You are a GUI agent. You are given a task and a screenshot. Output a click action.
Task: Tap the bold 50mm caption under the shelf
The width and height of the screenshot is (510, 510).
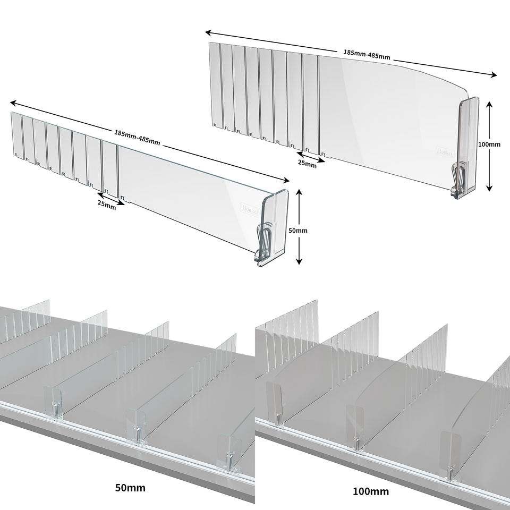click(130, 487)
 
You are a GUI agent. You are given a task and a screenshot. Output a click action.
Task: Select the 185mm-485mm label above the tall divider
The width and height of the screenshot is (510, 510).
click(367, 54)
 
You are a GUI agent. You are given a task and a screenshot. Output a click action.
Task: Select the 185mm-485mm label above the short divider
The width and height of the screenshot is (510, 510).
click(137, 137)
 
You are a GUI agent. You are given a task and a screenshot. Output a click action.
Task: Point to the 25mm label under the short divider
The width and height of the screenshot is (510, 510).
click(107, 205)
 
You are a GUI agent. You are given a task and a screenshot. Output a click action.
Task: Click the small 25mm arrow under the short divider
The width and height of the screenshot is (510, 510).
click(111, 198)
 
